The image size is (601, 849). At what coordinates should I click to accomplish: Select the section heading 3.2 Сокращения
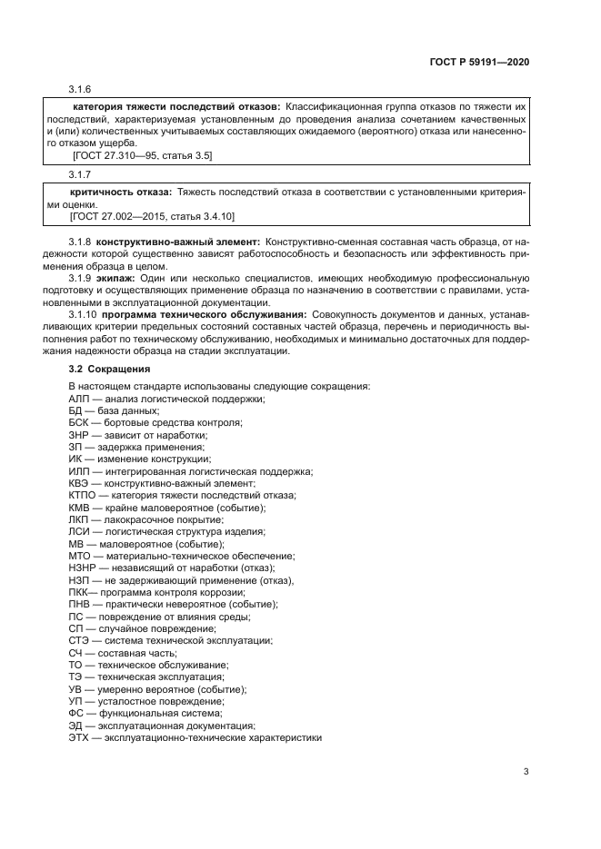[107, 370]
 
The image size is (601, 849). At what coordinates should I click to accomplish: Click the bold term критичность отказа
[121, 193]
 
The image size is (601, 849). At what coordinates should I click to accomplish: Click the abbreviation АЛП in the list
[79, 399]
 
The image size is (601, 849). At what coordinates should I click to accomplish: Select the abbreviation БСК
[79, 423]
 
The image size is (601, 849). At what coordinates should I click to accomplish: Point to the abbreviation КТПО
[83, 495]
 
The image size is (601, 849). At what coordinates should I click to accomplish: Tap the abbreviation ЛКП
[79, 518]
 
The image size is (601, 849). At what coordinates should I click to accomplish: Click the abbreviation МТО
[80, 555]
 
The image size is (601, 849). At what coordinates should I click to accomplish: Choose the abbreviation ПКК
[79, 591]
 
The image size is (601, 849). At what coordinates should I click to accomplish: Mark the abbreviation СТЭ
[79, 640]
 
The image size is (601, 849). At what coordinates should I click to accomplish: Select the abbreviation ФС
[76, 713]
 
